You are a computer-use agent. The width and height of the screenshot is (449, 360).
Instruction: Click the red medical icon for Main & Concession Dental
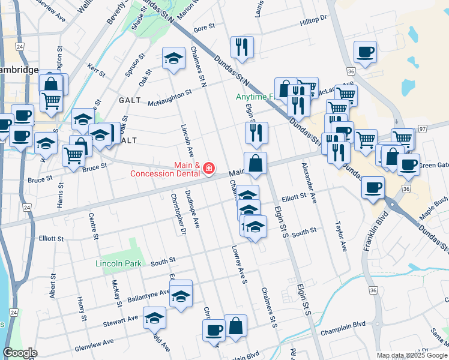coord(208,169)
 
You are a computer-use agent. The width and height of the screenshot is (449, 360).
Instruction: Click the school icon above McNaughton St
coord(173,59)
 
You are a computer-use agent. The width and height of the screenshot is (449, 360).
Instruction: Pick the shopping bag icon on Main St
coord(255,163)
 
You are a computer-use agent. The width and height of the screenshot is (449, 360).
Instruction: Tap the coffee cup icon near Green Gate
coord(408,164)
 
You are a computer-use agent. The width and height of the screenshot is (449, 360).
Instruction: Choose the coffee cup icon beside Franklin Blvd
coord(373,187)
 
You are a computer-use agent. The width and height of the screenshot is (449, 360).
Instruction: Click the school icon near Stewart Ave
coord(154,317)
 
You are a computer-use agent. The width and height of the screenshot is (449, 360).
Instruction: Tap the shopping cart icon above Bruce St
coord(74,155)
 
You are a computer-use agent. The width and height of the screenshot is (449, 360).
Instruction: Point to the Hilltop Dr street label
coord(313,19)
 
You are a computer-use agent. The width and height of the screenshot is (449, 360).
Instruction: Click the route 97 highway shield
coord(423,129)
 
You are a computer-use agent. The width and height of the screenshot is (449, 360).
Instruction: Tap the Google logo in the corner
coord(20,353)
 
